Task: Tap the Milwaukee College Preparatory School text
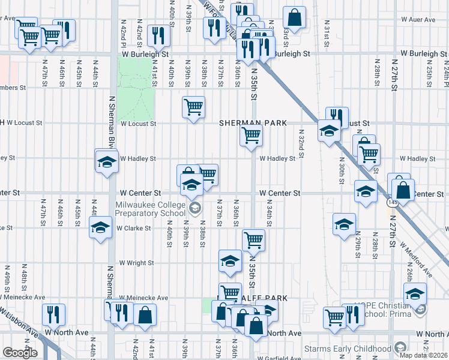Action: (150, 208)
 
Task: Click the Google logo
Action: (20, 353)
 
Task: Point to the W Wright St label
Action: (136, 263)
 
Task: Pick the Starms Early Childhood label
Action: (356, 349)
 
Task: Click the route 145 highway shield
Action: (392, 203)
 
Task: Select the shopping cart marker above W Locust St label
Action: (193, 107)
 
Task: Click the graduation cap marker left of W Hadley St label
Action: (107, 161)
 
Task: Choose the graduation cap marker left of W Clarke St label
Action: (100, 227)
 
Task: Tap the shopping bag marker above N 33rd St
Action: (294, 17)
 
